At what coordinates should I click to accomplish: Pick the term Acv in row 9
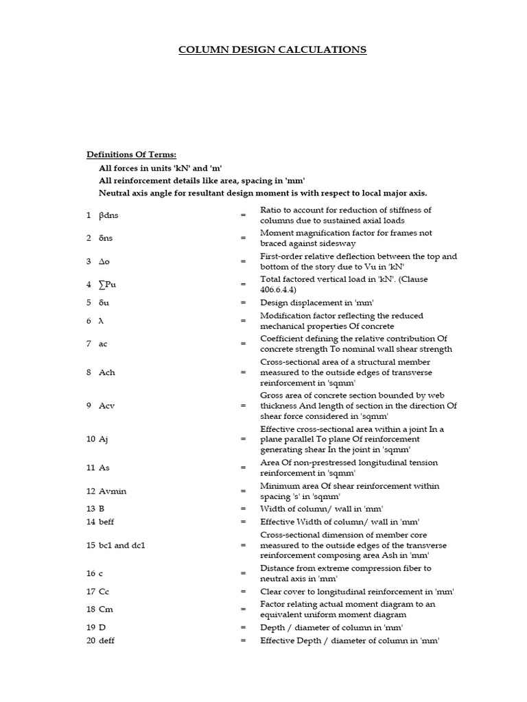(x=108, y=405)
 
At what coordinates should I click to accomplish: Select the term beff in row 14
(x=108, y=522)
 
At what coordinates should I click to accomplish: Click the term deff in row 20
(x=108, y=641)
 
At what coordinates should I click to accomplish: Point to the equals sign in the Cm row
(x=243, y=609)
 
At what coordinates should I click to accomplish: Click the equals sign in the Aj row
(x=243, y=439)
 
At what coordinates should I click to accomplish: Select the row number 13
(x=91, y=509)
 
